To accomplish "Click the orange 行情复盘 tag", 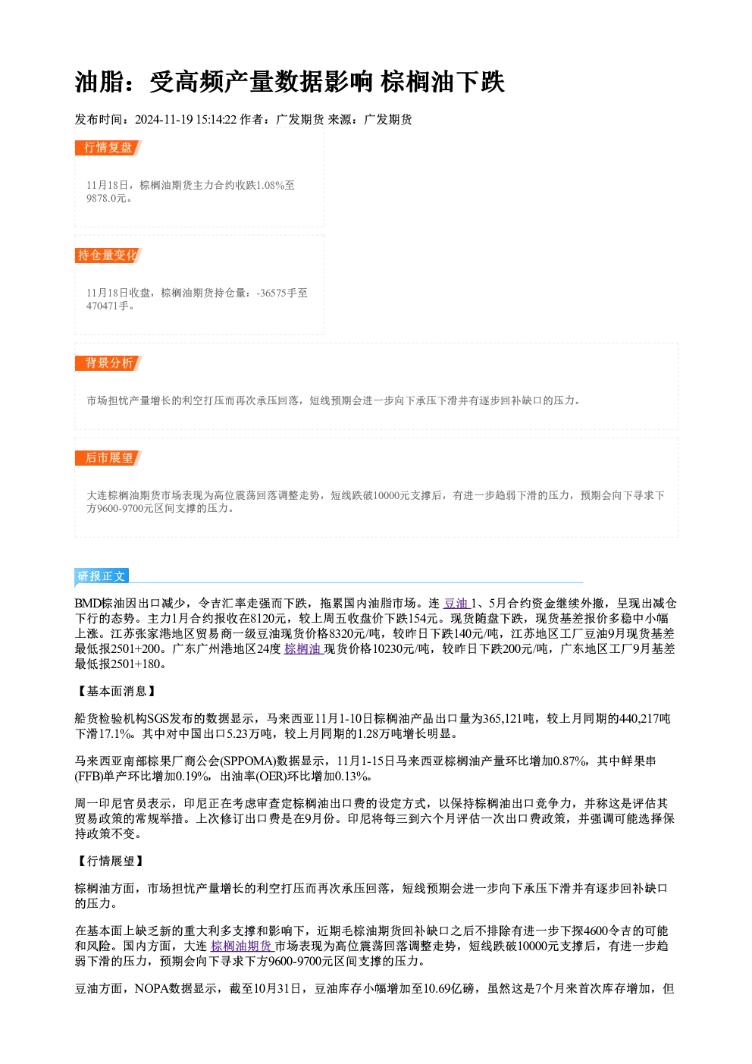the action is click(x=108, y=148).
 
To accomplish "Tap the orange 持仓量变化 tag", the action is click(x=108, y=256).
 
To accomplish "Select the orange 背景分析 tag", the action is click(x=108, y=363).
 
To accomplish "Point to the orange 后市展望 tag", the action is click(x=108, y=458).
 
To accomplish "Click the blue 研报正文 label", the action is click(x=102, y=576).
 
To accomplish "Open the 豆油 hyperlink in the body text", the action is click(x=456, y=603).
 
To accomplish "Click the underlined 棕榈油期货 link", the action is click(x=242, y=946).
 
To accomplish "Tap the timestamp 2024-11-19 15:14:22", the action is click(x=186, y=120).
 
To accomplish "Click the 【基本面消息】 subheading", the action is click(x=116, y=691).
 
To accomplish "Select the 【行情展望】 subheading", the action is click(x=110, y=861).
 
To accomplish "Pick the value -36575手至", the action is click(x=282, y=293).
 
